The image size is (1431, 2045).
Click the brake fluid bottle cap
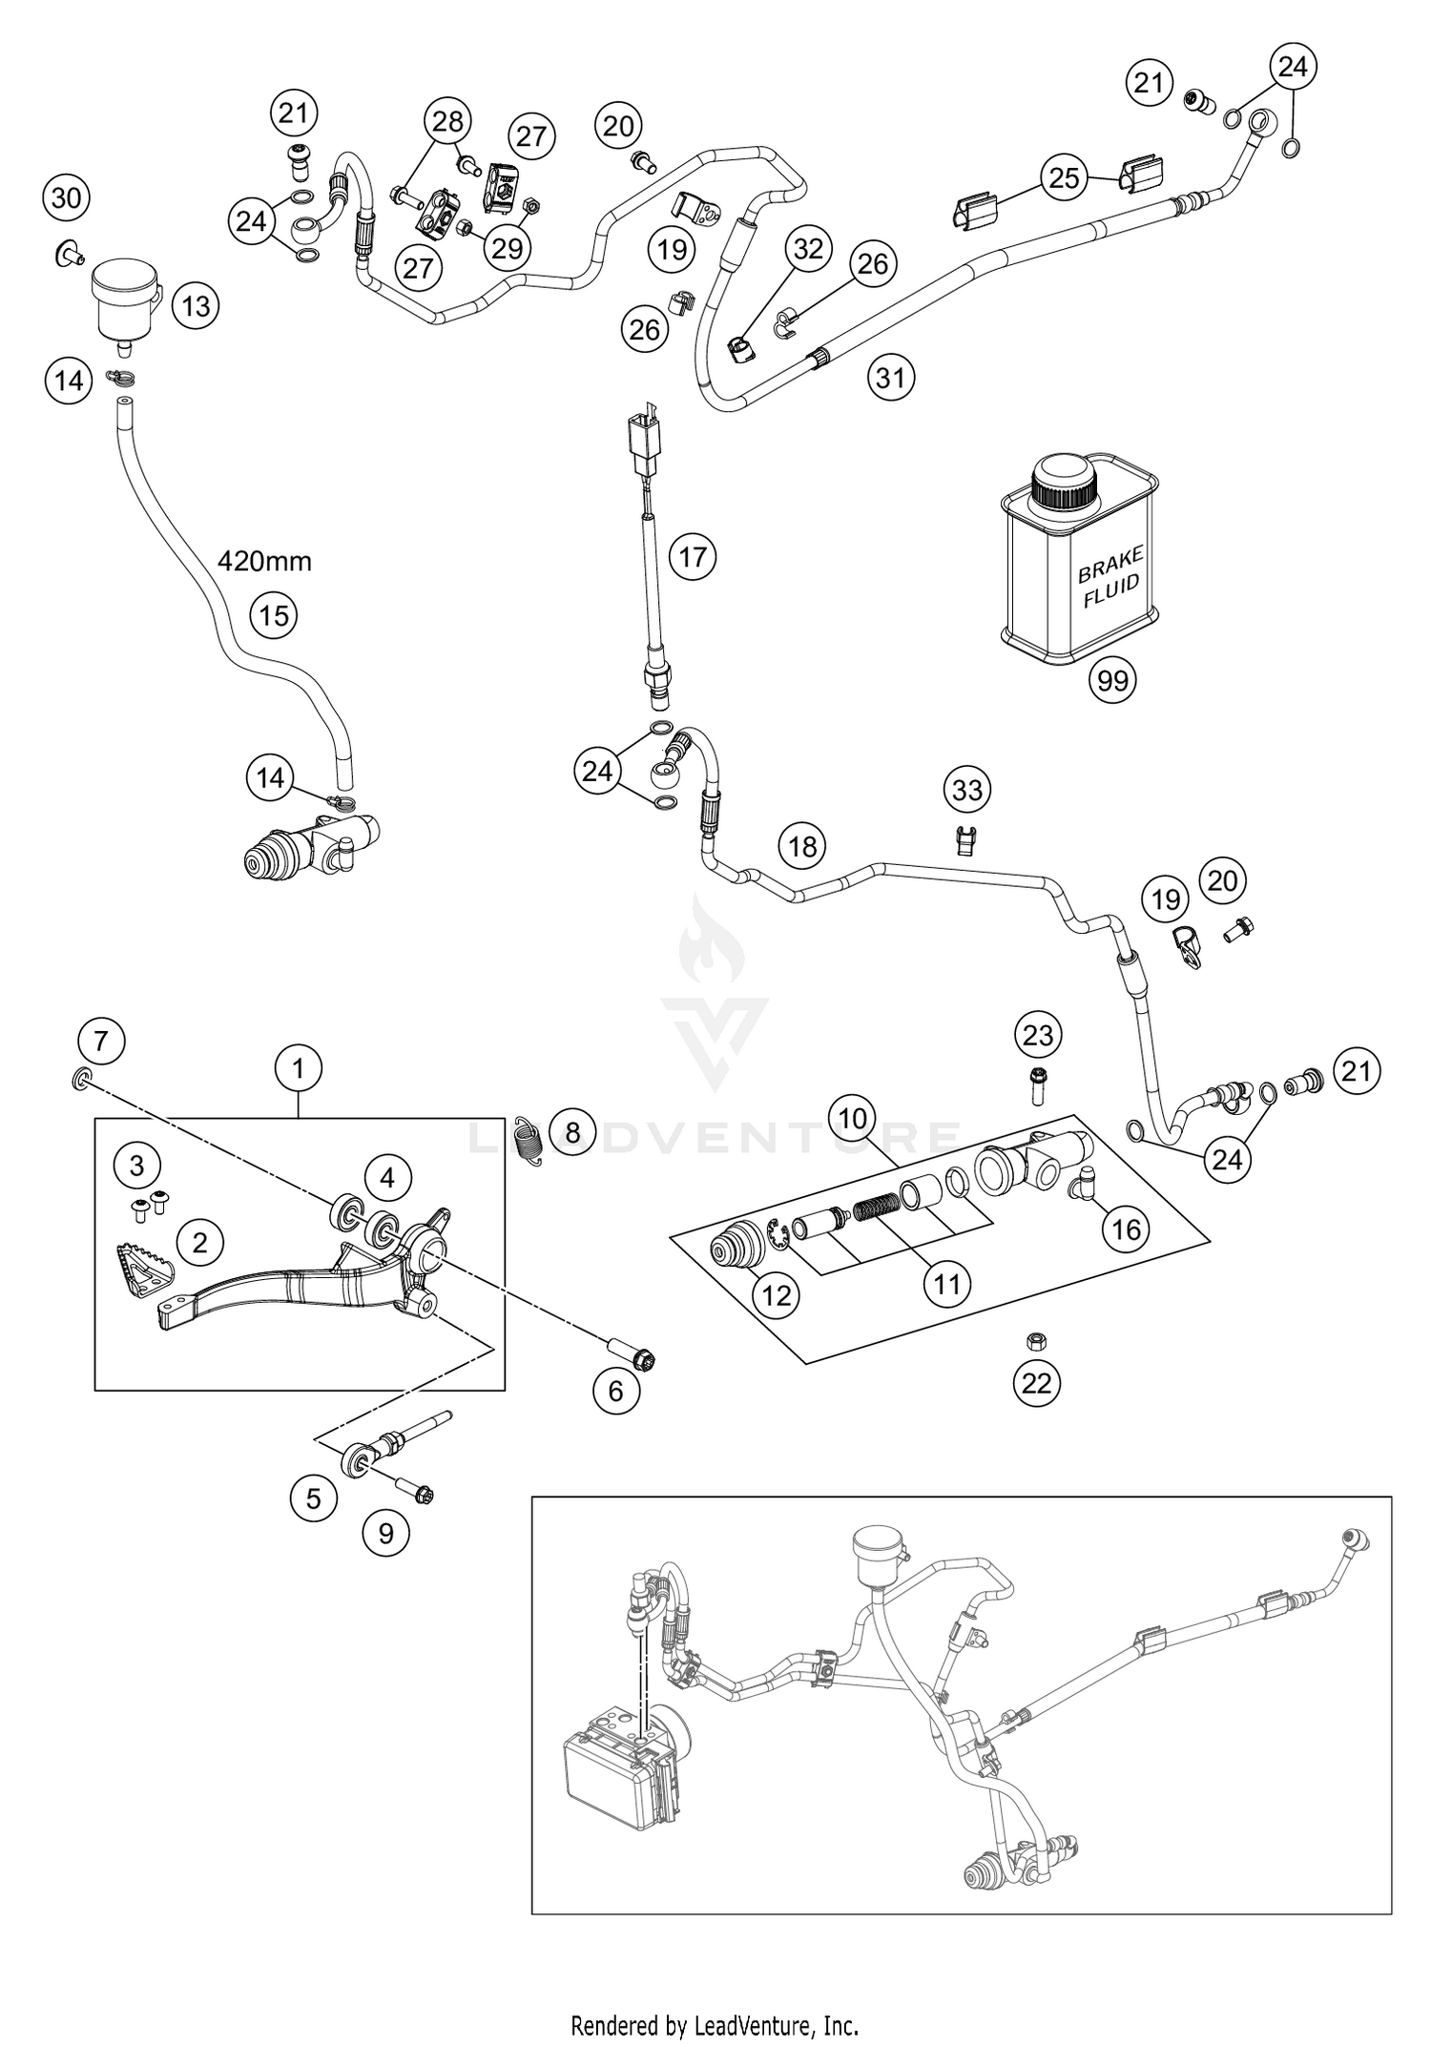pos(1065,482)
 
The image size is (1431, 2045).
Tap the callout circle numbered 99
pos(1112,680)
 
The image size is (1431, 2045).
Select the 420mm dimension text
pos(264,561)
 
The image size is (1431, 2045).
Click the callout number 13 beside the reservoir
pos(196,306)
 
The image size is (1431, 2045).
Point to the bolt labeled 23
pos(1037,1084)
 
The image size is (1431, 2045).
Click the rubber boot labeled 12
pos(736,1252)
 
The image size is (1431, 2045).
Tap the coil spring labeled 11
pos(877,1208)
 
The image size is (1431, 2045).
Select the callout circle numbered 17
pos(693,556)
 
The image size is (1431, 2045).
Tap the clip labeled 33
pos(966,840)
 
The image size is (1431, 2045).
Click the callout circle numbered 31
pos(890,378)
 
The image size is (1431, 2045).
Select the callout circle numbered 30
pos(66,198)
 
